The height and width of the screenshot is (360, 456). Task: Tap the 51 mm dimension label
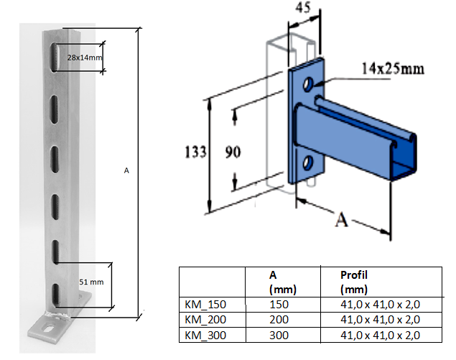pyautogui.click(x=90, y=282)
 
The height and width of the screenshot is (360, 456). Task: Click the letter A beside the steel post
pyautogui.click(x=126, y=170)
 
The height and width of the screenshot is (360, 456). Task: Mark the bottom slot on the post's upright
pyautogui.click(x=54, y=295)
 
